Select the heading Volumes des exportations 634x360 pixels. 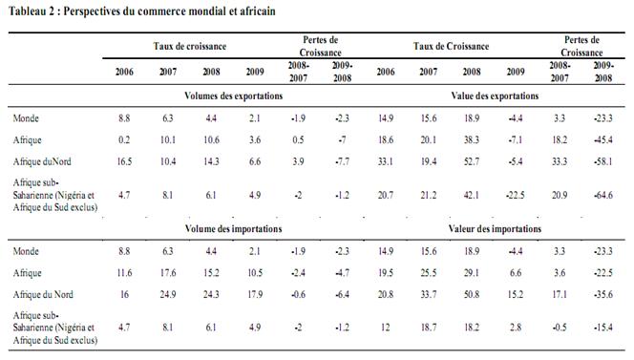pos(232,96)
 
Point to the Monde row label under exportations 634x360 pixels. pos(27,117)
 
